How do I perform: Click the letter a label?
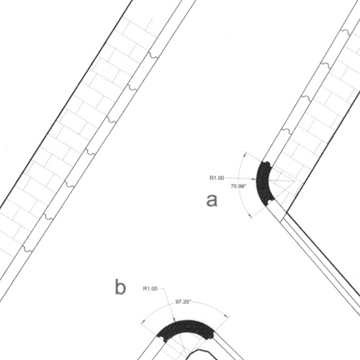212,201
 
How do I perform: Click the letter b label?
120,287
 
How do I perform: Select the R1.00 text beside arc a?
217,178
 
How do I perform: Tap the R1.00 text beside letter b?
150,289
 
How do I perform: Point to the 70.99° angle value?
238,186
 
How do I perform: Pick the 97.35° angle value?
183,302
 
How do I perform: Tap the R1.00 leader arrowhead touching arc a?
254,179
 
